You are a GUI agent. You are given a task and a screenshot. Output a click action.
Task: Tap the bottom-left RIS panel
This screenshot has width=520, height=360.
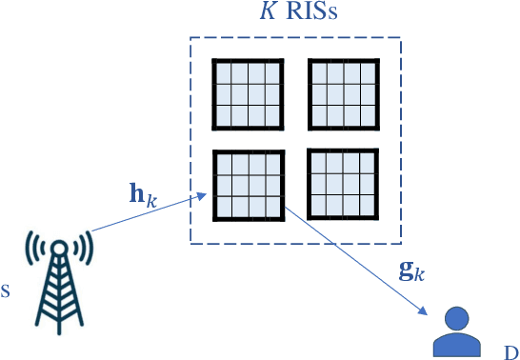[248, 185]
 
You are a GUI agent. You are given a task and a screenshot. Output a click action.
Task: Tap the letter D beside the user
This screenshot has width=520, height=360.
[510, 350]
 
